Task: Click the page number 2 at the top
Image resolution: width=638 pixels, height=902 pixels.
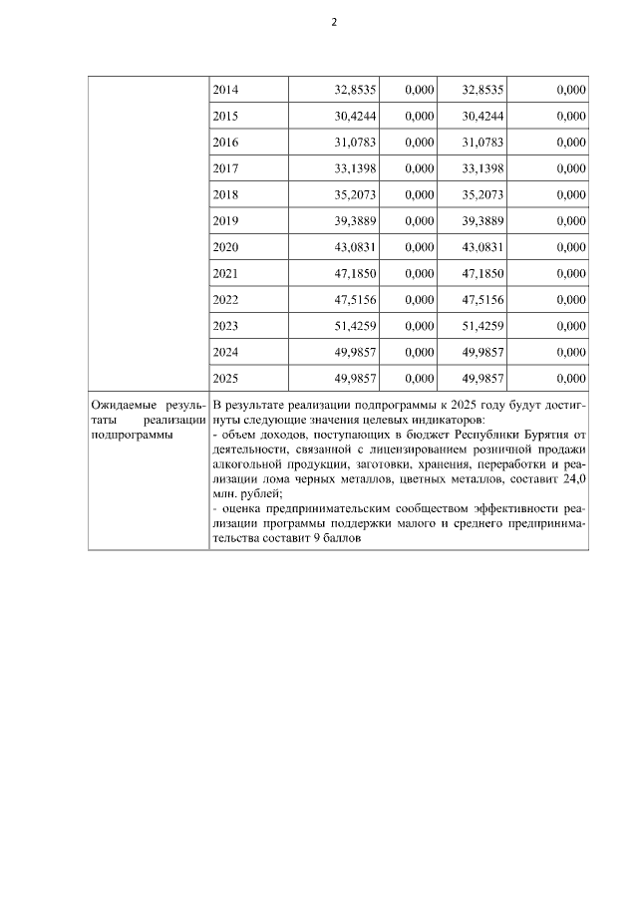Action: click(x=334, y=22)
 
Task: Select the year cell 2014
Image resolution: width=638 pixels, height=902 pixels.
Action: click(x=226, y=90)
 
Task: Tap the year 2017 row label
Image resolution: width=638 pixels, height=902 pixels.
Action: click(x=226, y=168)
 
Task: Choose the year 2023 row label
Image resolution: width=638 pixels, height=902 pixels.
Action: click(x=226, y=326)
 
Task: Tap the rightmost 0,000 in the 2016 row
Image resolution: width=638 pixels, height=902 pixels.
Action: click(x=571, y=143)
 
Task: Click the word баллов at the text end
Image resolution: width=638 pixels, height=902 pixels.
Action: click(x=338, y=538)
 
